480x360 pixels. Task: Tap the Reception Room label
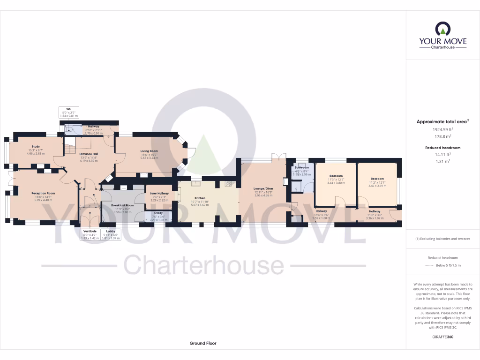coord(43,193)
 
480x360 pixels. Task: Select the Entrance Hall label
coord(88,154)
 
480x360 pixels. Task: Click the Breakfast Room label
coord(122,205)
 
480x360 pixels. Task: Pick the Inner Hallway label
coord(159,193)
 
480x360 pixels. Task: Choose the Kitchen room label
coord(200,198)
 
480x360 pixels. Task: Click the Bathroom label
coord(301,167)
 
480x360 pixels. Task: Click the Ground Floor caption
coord(203,343)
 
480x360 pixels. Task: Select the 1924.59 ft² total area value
coord(443,129)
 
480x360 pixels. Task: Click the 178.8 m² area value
coord(443,136)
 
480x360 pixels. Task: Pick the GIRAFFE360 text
coord(443,337)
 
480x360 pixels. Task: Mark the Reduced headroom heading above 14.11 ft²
coord(443,148)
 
